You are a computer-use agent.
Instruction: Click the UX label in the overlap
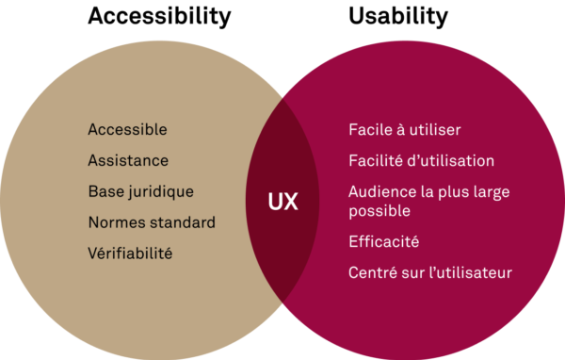tap(282, 203)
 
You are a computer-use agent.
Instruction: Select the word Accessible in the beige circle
tap(127, 129)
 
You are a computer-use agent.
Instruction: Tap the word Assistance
tap(128, 160)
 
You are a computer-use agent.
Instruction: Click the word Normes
tap(116, 222)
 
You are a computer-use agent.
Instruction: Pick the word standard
tap(183, 222)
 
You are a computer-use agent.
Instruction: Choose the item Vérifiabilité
tap(130, 254)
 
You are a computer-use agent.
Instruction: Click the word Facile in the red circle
tap(369, 130)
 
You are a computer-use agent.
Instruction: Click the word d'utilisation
tap(451, 161)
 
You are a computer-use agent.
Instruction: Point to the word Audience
tap(381, 191)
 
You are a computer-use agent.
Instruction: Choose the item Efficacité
tap(383, 242)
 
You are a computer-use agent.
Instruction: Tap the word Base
tap(105, 191)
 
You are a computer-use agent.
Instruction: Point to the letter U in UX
tap(275, 203)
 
